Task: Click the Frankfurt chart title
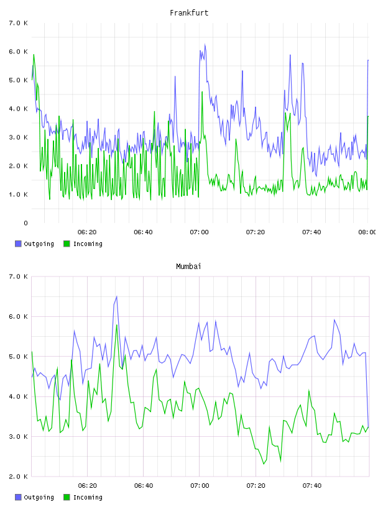(x=189, y=13)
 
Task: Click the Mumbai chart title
(x=188, y=267)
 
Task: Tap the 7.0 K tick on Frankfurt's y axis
(x=18, y=23)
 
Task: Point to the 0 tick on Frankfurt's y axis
(x=25, y=223)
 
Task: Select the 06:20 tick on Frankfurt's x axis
(x=87, y=232)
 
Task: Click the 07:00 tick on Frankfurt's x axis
(x=200, y=232)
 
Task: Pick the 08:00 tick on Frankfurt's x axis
(x=367, y=232)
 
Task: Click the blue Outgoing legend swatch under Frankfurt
(x=18, y=244)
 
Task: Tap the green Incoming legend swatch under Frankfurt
(x=67, y=244)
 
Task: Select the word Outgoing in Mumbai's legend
(x=39, y=497)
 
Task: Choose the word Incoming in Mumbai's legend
(x=88, y=497)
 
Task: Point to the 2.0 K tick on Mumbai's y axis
(x=18, y=477)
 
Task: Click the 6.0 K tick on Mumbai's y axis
(x=18, y=316)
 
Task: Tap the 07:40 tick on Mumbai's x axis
(x=312, y=486)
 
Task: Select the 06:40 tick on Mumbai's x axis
(x=144, y=486)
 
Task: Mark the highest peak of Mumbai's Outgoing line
(x=116, y=296)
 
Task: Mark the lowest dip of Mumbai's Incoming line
(x=264, y=464)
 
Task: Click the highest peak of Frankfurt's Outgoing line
(x=205, y=44)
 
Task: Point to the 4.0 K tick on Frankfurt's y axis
(x=18, y=109)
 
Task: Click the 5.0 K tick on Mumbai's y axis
(x=18, y=357)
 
